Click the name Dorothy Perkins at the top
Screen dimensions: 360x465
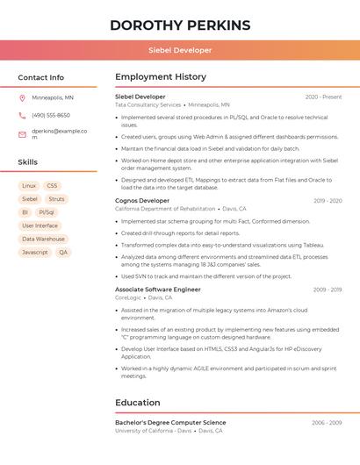click(180, 25)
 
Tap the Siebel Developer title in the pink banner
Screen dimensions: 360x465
click(180, 50)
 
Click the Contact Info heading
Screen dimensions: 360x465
click(41, 77)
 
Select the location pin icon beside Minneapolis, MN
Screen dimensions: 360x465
click(22, 97)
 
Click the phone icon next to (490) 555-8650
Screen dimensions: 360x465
click(22, 115)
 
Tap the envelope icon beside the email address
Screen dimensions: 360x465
click(22, 134)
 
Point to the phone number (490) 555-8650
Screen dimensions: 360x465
click(51, 115)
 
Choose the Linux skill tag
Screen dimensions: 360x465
click(29, 186)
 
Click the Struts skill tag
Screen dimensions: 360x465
click(56, 199)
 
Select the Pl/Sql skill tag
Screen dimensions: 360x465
click(47, 212)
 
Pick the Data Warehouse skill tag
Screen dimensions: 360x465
click(44, 239)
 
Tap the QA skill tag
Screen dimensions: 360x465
click(62, 252)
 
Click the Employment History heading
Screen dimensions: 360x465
click(160, 77)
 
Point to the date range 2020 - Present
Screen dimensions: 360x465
click(323, 97)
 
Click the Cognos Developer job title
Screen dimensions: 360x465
click(142, 201)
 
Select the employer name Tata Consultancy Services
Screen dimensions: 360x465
click(148, 104)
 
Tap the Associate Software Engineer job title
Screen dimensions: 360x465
click(158, 290)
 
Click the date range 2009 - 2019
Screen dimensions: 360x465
click(328, 290)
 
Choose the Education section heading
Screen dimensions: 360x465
click(139, 403)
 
